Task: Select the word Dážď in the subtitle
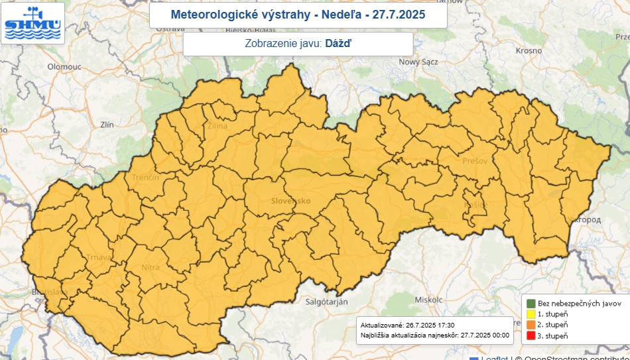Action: [338, 44]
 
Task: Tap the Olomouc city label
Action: [64, 67]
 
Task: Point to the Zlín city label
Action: [106, 124]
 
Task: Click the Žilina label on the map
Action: [217, 125]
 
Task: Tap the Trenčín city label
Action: [146, 178]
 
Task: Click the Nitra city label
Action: [151, 268]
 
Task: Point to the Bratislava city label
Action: [48, 292]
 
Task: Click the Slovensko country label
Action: [290, 200]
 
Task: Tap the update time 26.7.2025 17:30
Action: [428, 326]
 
